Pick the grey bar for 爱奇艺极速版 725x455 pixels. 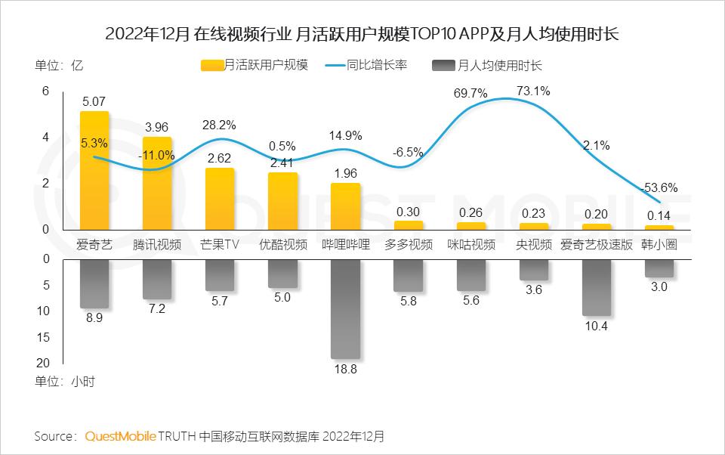pos(596,287)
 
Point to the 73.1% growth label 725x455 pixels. pos(533,91)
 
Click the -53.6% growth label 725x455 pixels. pos(661,188)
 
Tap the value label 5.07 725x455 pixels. pos(94,100)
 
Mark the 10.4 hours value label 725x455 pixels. pos(596,327)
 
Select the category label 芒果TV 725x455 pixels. pos(220,244)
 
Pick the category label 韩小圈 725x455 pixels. pos(659,244)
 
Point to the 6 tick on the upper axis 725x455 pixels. pos(45,91)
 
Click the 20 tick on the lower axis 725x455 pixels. pos(43,363)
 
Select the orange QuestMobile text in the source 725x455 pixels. pos(121,436)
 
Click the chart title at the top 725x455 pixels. pos(362,35)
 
